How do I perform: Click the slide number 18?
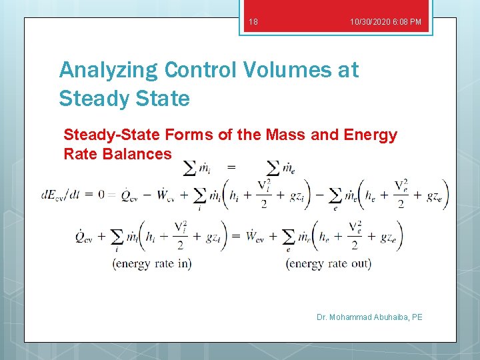pos(253,23)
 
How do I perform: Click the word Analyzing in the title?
pos(108,70)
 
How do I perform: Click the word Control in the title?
pos(201,69)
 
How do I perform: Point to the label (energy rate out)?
pos(328,263)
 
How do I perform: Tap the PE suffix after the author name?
pos(417,317)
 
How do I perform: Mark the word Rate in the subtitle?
pos(79,154)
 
